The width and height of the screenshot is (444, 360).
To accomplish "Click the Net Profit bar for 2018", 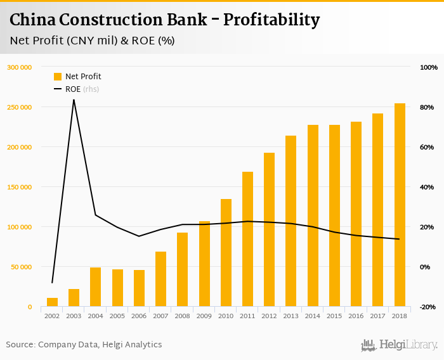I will point(400,205).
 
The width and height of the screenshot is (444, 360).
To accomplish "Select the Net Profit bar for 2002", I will point(52,302).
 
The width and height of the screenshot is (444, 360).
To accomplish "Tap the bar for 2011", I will point(247,239).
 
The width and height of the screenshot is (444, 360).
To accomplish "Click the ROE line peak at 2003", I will point(74,100).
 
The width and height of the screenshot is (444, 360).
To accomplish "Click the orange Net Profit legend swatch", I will point(58,77).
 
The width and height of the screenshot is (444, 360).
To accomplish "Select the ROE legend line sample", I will point(58,89).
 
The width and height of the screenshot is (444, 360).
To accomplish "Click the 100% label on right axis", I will point(429,67).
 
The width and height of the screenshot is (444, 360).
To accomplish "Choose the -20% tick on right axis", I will point(428,307).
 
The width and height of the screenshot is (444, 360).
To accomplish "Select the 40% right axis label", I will point(428,187).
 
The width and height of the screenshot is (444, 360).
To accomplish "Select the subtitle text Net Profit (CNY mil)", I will point(63,41).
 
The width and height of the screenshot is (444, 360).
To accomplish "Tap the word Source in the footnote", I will point(20,345).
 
